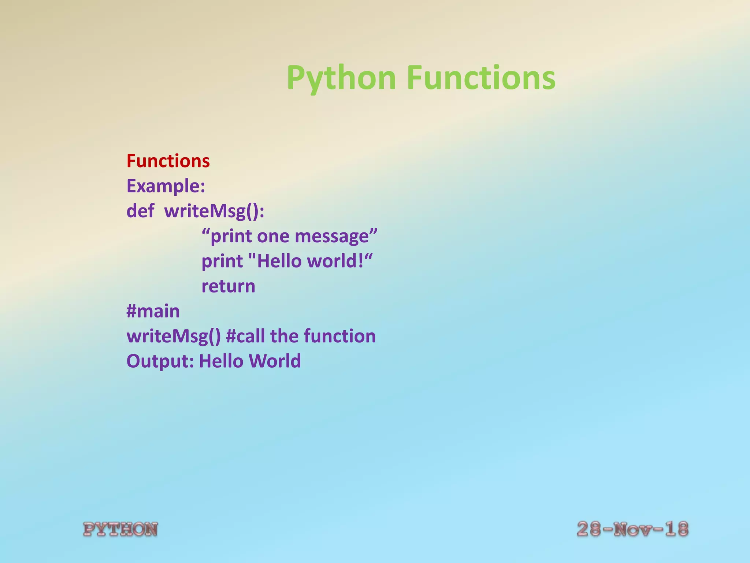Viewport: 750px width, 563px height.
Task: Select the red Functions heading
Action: (168, 161)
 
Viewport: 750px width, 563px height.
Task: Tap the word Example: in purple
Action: (166, 186)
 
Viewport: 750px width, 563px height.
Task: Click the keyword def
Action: (140, 211)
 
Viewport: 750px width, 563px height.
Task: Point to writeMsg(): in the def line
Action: (214, 211)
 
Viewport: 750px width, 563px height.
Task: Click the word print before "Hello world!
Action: (222, 261)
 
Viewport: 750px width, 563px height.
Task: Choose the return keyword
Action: (228, 286)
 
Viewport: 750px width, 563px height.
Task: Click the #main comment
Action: (153, 311)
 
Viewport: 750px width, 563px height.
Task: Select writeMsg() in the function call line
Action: (174, 336)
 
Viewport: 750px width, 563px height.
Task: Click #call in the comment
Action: (246, 336)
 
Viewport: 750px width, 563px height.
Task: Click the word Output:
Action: (160, 361)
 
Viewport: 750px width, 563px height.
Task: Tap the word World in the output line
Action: (275, 361)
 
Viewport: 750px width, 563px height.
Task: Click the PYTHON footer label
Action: (120, 529)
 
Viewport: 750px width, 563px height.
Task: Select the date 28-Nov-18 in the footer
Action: (632, 529)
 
